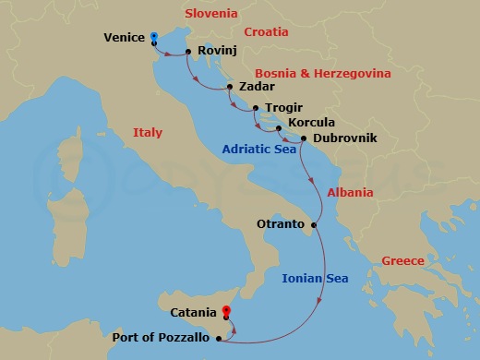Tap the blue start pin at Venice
click(154, 37)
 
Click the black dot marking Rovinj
click(188, 52)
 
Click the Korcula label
click(311, 122)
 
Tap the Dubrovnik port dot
click(304, 138)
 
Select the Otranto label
click(282, 224)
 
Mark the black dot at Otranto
click(315, 224)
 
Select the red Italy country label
click(148, 132)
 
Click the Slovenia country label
click(211, 14)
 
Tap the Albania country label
click(350, 193)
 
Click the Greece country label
click(402, 261)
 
